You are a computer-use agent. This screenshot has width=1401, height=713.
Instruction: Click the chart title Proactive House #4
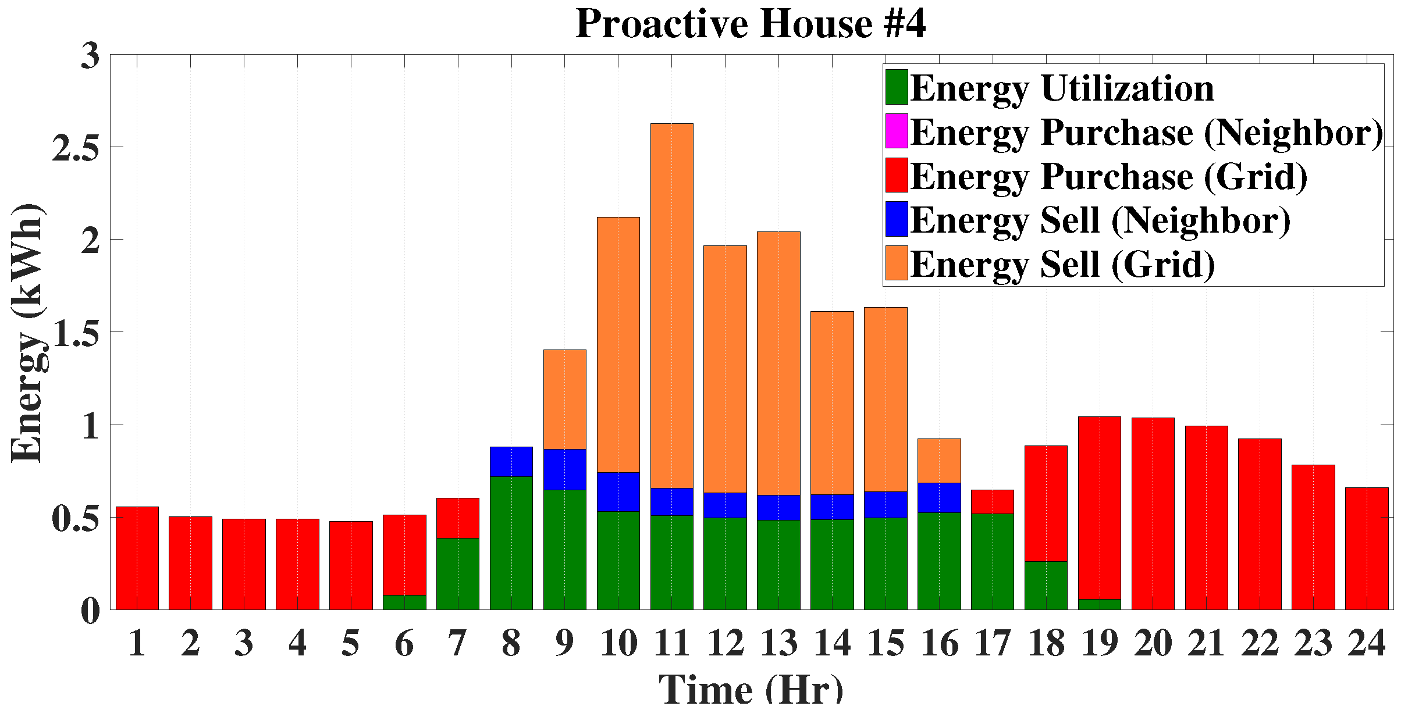pyautogui.click(x=751, y=24)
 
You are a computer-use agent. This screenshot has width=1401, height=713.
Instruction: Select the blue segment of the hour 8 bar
pyautogui.click(x=511, y=462)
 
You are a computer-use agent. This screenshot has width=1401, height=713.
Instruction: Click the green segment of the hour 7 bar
pyautogui.click(x=458, y=573)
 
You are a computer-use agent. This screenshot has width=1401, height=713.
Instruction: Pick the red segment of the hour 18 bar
pyautogui.click(x=1046, y=503)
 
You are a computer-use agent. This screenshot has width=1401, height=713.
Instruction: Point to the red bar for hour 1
pyautogui.click(x=137, y=558)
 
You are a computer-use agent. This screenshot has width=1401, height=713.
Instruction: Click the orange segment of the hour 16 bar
pyautogui.click(x=939, y=461)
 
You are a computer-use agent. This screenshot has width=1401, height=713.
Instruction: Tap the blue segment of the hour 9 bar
pyautogui.click(x=564, y=469)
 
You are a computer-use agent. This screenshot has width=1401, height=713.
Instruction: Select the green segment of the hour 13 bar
pyautogui.click(x=778, y=564)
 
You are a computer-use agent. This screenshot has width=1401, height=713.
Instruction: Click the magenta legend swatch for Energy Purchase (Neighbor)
pyautogui.click(x=897, y=131)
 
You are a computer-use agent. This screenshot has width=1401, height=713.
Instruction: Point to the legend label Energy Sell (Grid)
pyautogui.click(x=1062, y=265)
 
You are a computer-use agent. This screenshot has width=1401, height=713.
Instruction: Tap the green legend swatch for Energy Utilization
pyautogui.click(x=897, y=87)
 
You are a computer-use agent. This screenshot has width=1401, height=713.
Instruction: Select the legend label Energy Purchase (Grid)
pyautogui.click(x=1108, y=176)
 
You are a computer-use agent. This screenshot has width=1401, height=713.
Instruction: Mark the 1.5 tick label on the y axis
pyautogui.click(x=76, y=333)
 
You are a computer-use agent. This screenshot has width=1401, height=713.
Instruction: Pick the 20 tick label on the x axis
pyautogui.click(x=1153, y=644)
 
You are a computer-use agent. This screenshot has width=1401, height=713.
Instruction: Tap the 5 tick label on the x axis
pyautogui.click(x=350, y=644)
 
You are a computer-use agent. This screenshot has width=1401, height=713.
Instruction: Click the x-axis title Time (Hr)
pyautogui.click(x=751, y=691)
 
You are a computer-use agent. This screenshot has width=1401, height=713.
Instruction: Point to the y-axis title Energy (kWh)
pyautogui.click(x=27, y=333)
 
